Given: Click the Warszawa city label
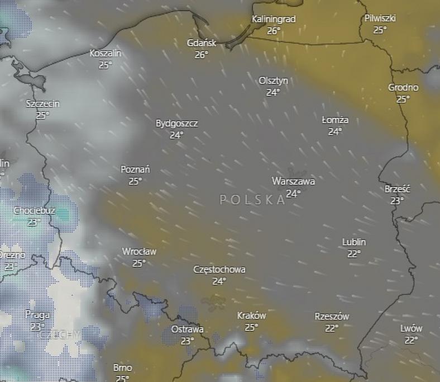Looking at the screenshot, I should tap(293, 181).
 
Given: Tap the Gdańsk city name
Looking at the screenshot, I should tap(202, 43).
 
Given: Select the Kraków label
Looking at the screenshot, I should tap(251, 315).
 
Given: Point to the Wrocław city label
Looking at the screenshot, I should tap(139, 252).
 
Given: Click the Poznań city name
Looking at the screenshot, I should tap(135, 169).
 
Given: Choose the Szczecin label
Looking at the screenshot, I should tap(43, 103).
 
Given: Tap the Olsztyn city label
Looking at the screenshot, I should tap(273, 81).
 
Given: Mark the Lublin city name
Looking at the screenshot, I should tap(354, 242).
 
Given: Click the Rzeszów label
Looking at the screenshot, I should tap(332, 317).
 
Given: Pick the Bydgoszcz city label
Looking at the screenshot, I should tap(176, 123).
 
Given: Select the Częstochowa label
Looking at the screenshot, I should tap(219, 270).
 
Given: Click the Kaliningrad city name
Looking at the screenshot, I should tap(273, 19).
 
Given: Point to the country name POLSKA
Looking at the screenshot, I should tap(252, 200).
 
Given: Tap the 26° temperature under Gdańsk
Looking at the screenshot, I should tap(202, 55).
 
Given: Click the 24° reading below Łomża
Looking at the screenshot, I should tap(335, 132).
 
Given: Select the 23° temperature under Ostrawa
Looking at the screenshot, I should tap(187, 340).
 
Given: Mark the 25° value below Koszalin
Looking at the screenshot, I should tap(106, 65).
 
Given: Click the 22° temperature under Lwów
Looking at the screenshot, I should tap(412, 339).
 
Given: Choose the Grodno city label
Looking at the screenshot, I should tap(403, 87).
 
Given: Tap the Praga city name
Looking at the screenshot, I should tap(37, 314).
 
